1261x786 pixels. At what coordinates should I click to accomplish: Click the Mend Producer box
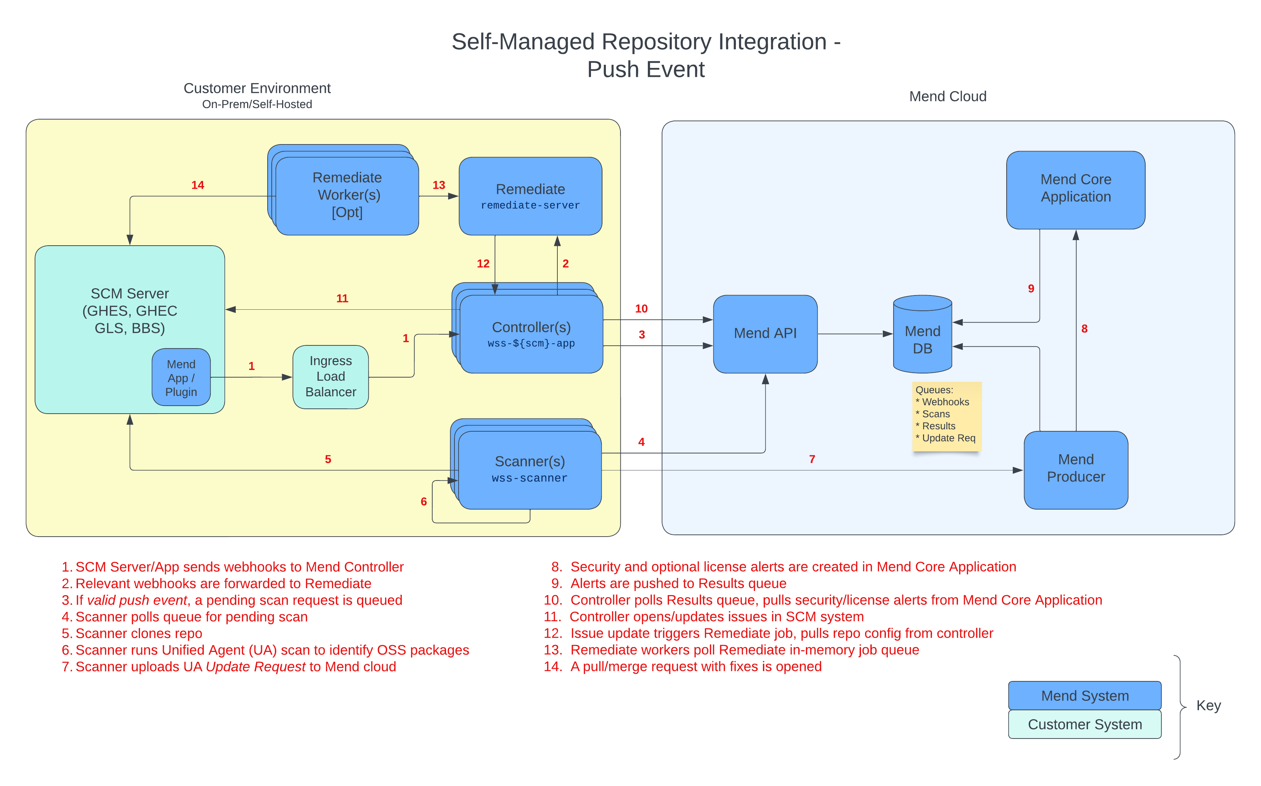pos(1075,469)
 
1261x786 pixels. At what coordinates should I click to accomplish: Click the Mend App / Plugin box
pos(181,378)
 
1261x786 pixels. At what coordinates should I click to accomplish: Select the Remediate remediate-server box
pos(530,196)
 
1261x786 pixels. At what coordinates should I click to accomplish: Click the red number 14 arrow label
pos(198,185)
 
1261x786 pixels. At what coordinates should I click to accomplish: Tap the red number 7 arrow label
pos(812,459)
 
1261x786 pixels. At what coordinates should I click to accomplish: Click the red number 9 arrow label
pos(1030,289)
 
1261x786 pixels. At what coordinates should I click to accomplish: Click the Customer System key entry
pos(1084,724)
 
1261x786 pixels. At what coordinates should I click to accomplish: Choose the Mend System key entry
pos(1084,696)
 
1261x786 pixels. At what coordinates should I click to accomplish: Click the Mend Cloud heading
pos(947,97)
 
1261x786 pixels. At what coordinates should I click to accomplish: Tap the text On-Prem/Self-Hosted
pos(257,105)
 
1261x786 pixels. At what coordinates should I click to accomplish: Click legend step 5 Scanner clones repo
pos(138,633)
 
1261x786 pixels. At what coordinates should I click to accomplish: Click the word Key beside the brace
pos(1208,705)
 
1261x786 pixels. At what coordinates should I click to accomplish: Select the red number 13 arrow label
pos(438,185)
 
